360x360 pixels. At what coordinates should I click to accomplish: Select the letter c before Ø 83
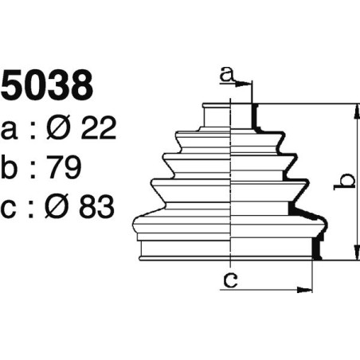[x=10, y=208]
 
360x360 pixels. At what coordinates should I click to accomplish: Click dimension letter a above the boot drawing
[x=227, y=76]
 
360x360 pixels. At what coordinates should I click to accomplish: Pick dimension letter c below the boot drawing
[x=230, y=280]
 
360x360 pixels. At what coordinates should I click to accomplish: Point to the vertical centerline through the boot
[x=230, y=183]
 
